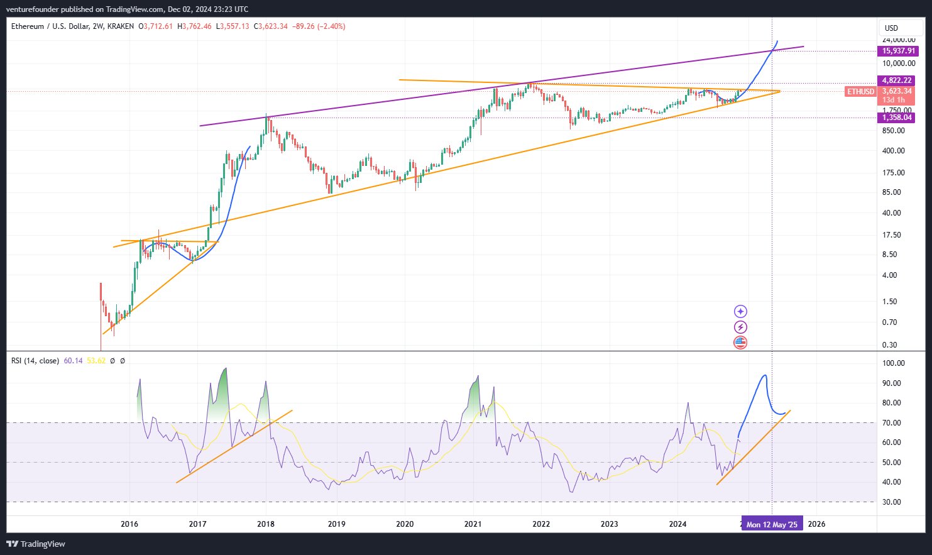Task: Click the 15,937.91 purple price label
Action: (899, 51)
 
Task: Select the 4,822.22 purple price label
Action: (897, 80)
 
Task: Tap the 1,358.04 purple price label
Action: (897, 118)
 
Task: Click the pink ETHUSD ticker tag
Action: (860, 92)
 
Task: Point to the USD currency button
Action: (891, 28)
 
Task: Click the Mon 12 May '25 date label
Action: (772, 524)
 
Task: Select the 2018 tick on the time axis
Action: (266, 524)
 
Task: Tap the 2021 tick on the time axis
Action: (473, 524)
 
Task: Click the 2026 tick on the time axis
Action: (816, 524)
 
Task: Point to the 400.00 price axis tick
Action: (893, 151)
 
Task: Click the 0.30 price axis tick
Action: (889, 345)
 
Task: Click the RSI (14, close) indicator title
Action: (35, 361)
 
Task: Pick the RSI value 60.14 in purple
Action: (73, 361)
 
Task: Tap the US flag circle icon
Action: (740, 343)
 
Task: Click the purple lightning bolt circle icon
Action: (740, 327)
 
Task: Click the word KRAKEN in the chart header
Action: (120, 26)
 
